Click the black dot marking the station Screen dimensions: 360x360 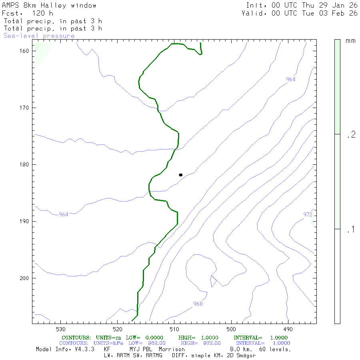(181, 175)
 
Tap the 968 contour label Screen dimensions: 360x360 (198, 304)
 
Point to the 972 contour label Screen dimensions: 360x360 (308, 214)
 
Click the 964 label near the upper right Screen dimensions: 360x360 (291, 79)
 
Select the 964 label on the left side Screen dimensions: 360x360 (63, 214)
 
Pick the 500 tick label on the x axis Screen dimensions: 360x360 (231, 329)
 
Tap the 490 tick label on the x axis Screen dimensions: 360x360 (288, 329)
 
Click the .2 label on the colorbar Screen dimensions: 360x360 (351, 134)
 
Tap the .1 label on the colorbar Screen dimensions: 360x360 (351, 229)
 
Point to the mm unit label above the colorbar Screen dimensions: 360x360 (350, 41)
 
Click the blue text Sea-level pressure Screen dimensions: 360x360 (39, 36)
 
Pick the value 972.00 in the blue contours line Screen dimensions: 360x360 (210, 343)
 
